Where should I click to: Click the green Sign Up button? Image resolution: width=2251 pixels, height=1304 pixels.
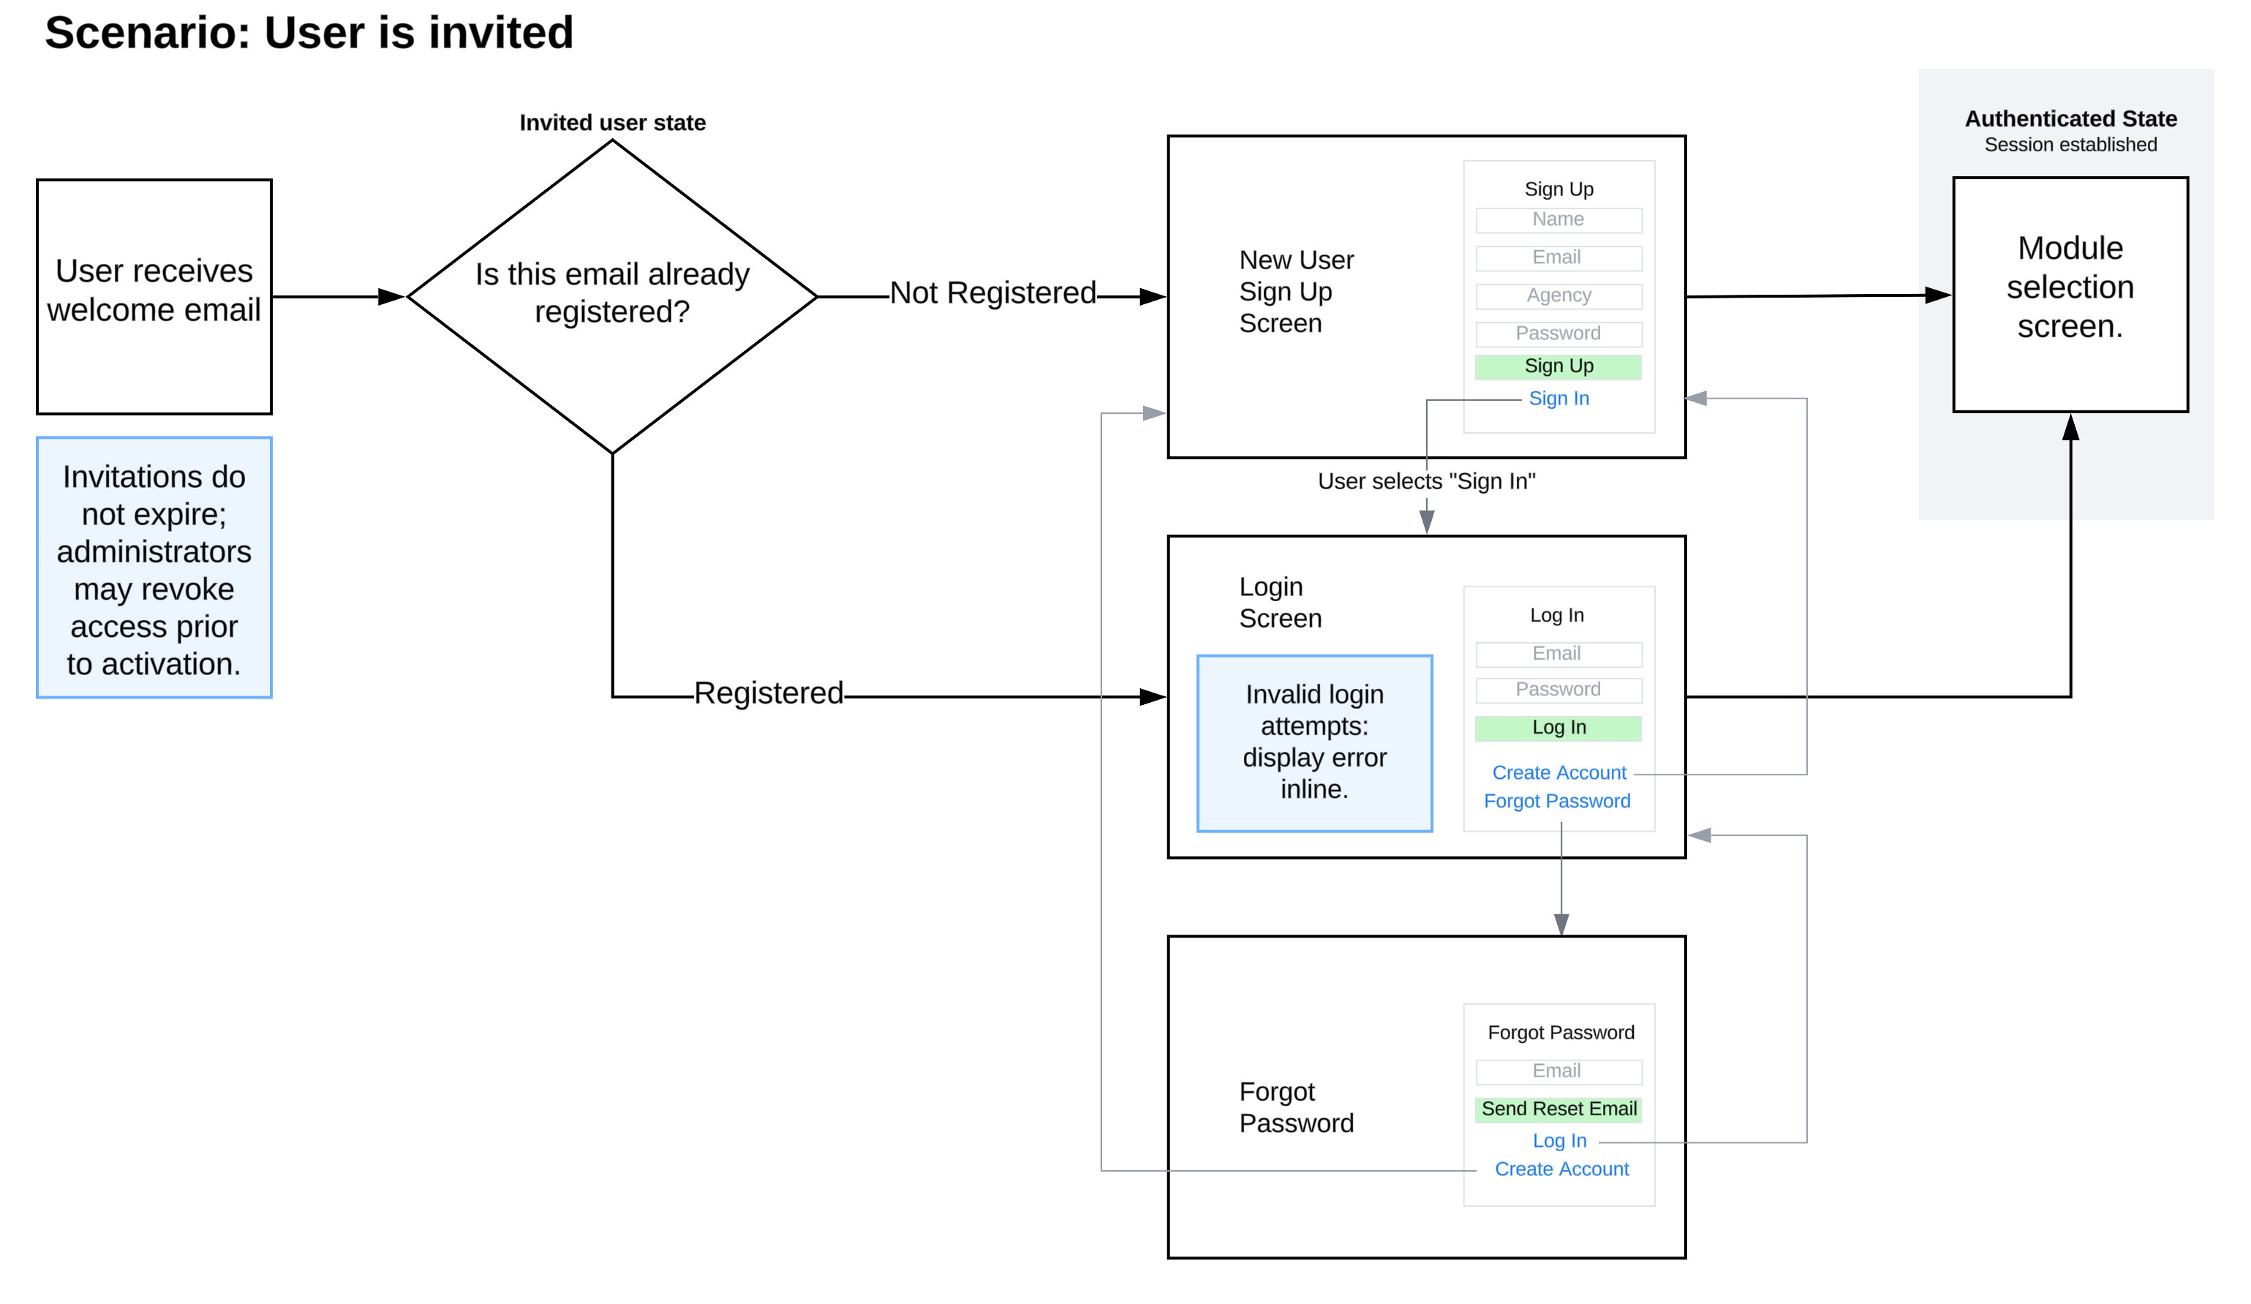click(x=1558, y=366)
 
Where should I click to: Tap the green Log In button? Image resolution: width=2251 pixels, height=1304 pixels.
click(x=1558, y=728)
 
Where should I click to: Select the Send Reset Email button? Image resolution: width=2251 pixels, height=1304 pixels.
click(x=1558, y=1109)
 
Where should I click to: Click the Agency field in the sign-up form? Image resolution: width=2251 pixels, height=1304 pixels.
click(x=1558, y=295)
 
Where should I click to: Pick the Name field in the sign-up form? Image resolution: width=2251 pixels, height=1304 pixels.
click(x=1558, y=219)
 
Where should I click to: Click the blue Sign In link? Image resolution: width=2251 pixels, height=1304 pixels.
click(x=1558, y=399)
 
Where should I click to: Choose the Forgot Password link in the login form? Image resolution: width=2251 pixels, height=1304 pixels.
click(x=1556, y=801)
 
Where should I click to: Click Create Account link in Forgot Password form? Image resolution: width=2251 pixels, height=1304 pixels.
click(x=1561, y=1169)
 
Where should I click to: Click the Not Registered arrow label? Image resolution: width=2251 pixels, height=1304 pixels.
click(x=992, y=293)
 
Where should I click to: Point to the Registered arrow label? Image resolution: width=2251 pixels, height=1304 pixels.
click(x=768, y=693)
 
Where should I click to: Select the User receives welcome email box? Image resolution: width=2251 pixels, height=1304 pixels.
click(x=154, y=296)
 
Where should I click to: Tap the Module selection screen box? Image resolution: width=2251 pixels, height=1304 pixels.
click(x=2070, y=294)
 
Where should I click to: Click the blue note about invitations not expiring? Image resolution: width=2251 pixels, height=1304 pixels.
click(x=154, y=568)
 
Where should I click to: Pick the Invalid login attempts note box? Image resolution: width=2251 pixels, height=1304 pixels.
click(x=1314, y=742)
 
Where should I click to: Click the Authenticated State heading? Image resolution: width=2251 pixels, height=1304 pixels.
click(x=2070, y=118)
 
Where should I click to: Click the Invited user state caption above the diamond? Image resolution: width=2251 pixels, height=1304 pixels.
click(x=612, y=122)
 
